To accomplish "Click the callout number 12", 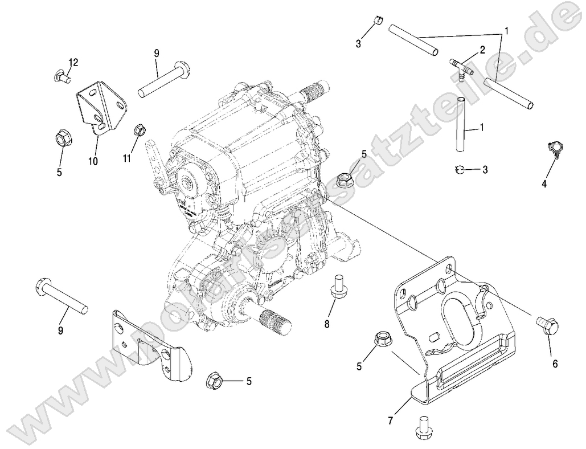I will (73, 62).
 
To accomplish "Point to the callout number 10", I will (93, 161).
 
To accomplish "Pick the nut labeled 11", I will (138, 129).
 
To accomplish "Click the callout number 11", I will (126, 157).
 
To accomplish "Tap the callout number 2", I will (482, 50).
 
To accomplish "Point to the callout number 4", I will (544, 184).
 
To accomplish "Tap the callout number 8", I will (327, 324).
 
